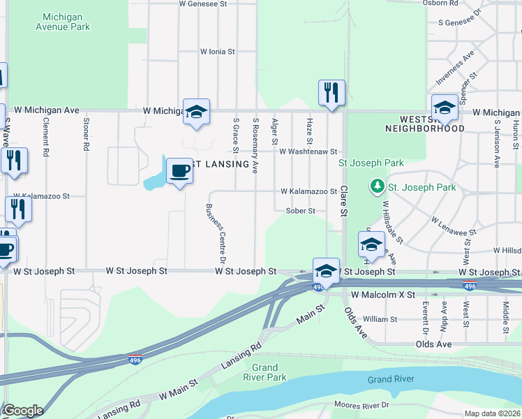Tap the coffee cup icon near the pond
tap(179, 170)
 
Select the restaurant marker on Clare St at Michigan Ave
tap(331, 93)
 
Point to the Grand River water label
tap(391, 379)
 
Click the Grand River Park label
tap(269, 372)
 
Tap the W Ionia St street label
tap(218, 52)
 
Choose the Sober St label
tap(301, 211)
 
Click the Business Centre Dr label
tap(215, 233)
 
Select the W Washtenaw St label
tap(308, 152)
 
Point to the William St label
tap(380, 319)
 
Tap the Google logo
tap(22, 411)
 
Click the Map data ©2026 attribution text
tap(492, 413)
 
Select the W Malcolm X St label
tap(383, 295)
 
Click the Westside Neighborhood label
tap(424, 124)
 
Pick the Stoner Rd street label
tap(87, 134)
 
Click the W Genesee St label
tap(203, 3)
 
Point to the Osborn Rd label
tap(440, 3)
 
